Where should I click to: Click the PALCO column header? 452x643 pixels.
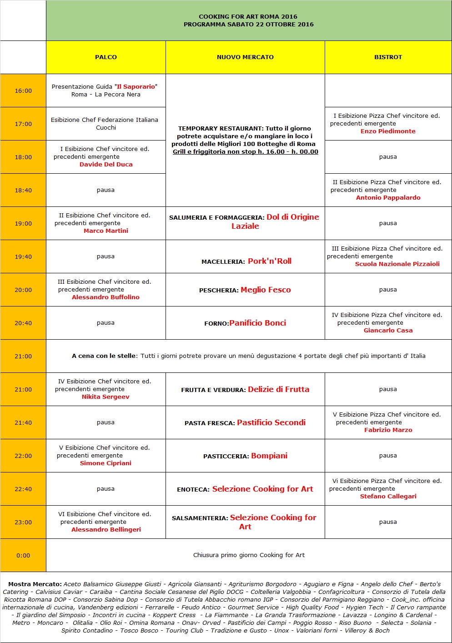(x=106, y=57)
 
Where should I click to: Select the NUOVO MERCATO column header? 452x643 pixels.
(x=245, y=57)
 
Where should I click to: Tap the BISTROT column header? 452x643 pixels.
(x=388, y=57)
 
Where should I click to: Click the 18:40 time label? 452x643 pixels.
(x=23, y=191)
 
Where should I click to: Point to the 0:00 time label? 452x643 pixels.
(x=23, y=555)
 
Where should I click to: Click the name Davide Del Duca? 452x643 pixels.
(x=106, y=165)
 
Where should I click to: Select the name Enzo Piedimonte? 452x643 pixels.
(x=388, y=131)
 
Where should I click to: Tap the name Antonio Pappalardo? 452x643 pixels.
(x=388, y=198)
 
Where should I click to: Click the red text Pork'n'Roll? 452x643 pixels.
(x=270, y=261)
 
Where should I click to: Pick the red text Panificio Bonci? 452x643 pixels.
(x=258, y=323)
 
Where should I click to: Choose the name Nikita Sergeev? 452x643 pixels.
(x=105, y=397)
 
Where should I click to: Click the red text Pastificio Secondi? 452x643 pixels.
(x=271, y=422)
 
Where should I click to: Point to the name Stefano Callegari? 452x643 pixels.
(x=388, y=497)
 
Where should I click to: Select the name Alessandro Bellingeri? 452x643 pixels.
(x=106, y=530)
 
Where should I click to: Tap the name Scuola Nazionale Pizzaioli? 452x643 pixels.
(x=397, y=264)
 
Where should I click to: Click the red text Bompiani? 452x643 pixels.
(x=269, y=456)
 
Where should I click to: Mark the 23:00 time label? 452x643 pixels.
(x=23, y=522)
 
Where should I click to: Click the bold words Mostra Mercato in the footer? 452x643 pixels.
(x=35, y=584)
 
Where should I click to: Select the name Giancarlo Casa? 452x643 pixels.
(x=388, y=331)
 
